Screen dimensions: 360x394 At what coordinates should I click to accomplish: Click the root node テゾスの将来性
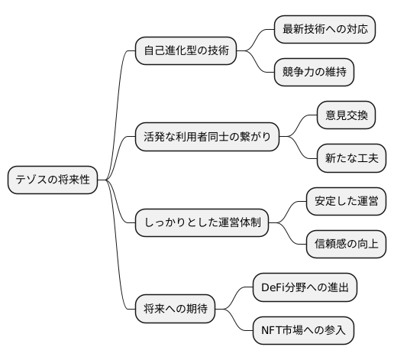click(53, 181)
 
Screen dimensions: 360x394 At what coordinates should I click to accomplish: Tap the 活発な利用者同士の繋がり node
click(205, 138)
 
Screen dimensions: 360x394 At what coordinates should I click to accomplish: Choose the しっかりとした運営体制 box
click(202, 225)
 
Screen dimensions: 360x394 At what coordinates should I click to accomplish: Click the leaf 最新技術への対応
click(325, 31)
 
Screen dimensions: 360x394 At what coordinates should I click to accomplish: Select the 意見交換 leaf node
click(345, 117)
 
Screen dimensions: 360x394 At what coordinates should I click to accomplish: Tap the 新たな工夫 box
click(350, 160)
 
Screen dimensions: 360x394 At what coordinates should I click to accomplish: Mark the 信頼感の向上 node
click(345, 246)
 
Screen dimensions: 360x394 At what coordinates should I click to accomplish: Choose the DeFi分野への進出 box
click(303, 289)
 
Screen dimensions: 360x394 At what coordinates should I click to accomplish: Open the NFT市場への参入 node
click(303, 332)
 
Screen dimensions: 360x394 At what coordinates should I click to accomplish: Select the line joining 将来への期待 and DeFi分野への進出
click(234, 298)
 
